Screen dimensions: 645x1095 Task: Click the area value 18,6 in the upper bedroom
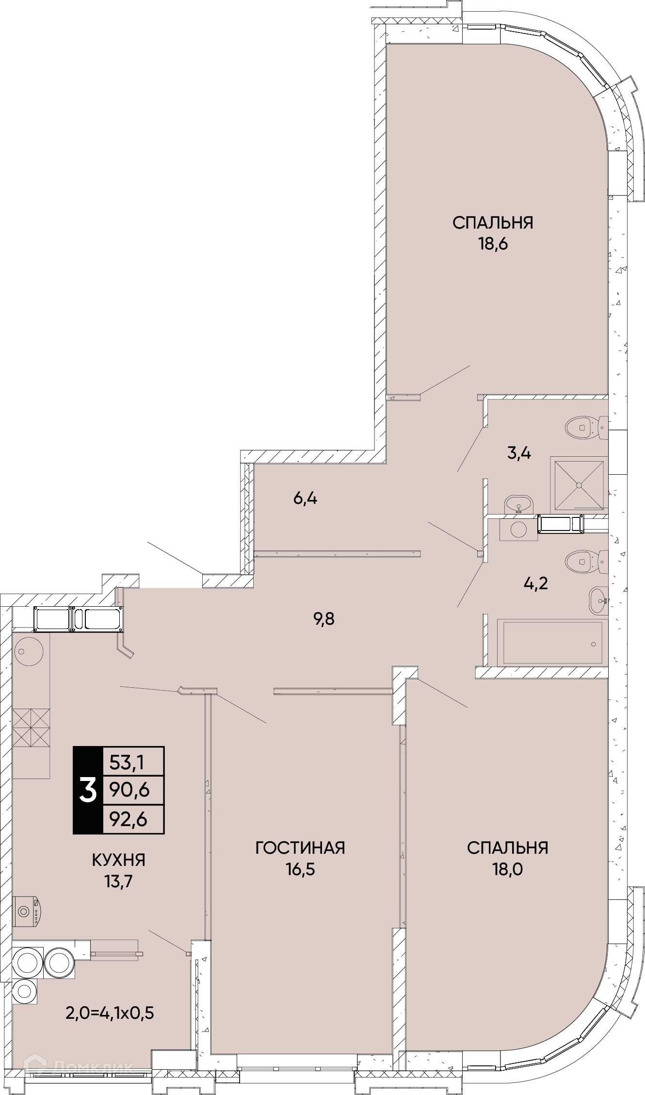pos(493,244)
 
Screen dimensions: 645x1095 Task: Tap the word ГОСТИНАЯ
pos(300,848)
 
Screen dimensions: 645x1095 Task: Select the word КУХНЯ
pos(119,860)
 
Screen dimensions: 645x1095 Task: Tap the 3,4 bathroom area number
pos(519,453)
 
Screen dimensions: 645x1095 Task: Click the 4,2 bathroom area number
pos(536,583)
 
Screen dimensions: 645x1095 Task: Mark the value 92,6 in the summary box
pos(129,819)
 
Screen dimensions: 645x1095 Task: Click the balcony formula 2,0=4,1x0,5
pos(110,1013)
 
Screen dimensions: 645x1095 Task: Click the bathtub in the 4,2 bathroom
pos(552,644)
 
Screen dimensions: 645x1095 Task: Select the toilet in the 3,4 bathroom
pos(586,428)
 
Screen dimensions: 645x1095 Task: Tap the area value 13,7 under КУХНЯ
pos(119,881)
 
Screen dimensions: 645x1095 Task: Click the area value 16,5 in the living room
pos(300,869)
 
